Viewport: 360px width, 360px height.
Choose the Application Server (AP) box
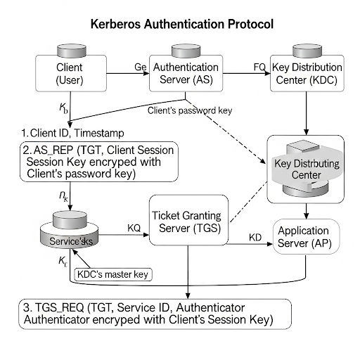[x=304, y=237]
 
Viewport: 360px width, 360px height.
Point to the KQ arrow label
[x=134, y=228]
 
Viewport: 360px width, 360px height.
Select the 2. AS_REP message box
[x=98, y=160]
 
